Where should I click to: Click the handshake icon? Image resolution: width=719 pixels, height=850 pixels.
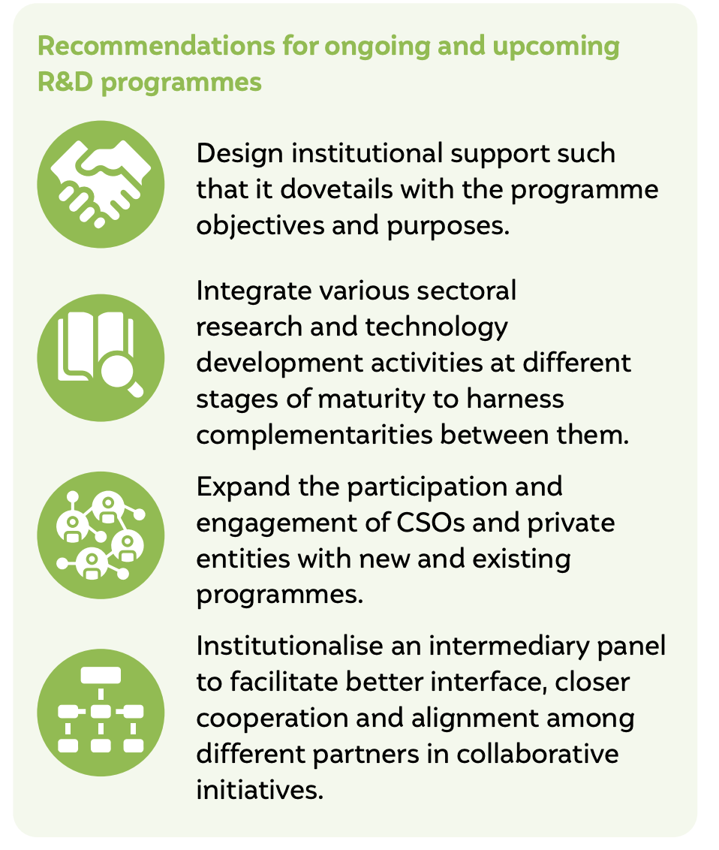(x=101, y=184)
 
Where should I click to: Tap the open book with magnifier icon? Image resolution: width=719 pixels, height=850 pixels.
(x=101, y=357)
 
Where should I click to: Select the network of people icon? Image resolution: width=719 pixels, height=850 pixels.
(x=101, y=535)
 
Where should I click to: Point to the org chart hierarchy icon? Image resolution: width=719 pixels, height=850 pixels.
(x=101, y=713)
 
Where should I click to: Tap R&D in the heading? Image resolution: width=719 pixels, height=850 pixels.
(x=65, y=83)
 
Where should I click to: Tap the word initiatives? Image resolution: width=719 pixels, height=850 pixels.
(x=260, y=790)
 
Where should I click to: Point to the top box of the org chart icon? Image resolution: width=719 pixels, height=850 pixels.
(x=101, y=676)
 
